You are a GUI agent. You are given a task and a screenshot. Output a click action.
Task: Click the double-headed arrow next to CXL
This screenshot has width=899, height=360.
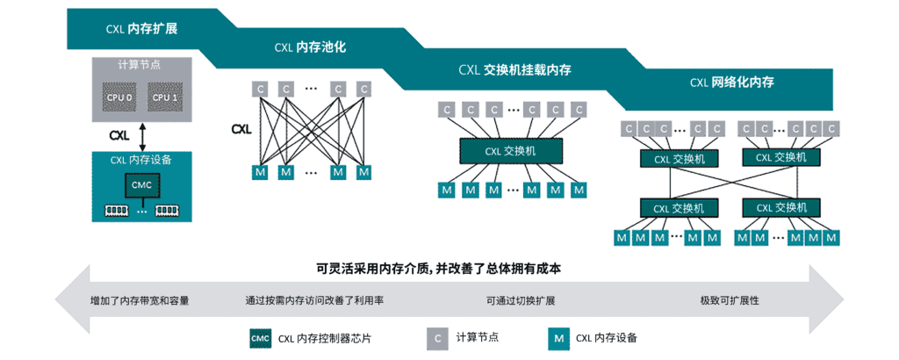click(x=141, y=136)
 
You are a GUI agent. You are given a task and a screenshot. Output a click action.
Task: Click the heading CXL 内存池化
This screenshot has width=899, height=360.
click(x=308, y=48)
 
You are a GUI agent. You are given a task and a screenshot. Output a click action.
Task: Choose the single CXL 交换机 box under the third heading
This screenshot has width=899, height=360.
click(x=510, y=151)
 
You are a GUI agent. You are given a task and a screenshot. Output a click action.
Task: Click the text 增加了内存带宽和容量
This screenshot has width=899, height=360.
click(x=140, y=300)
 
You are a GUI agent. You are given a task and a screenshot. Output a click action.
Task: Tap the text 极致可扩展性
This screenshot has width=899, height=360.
click(x=729, y=300)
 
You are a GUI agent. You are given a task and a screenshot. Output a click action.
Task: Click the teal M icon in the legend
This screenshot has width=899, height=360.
click(x=557, y=338)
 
